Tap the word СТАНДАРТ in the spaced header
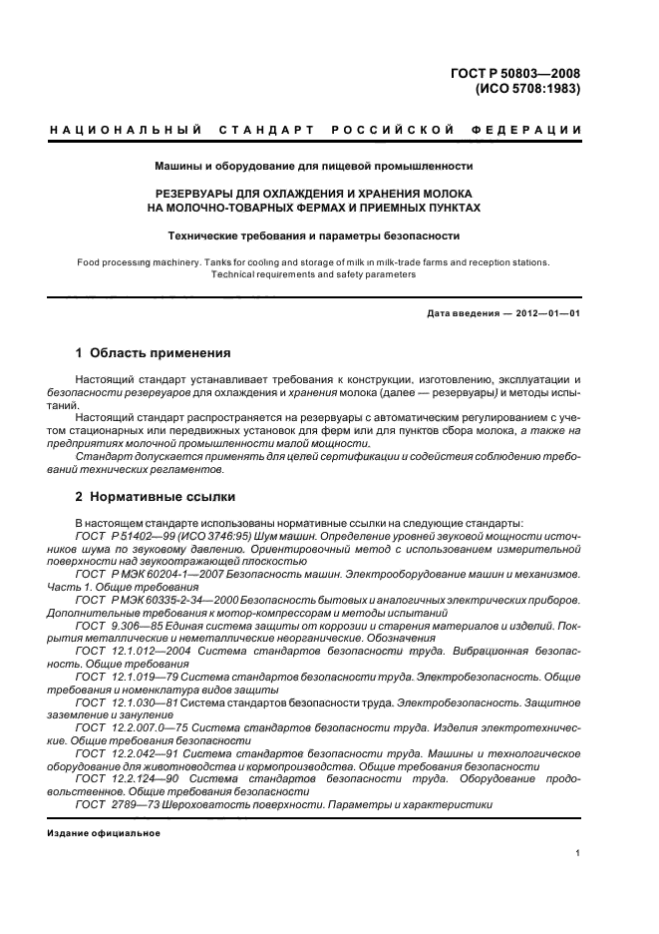pyautogui.click(x=268, y=131)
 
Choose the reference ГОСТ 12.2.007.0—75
pyautogui.click(x=127, y=729)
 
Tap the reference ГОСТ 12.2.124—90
pyautogui.click(x=123, y=777)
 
